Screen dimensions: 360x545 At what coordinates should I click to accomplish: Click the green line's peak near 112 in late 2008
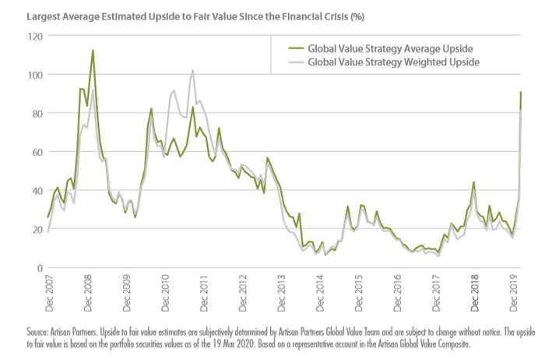[x=93, y=51]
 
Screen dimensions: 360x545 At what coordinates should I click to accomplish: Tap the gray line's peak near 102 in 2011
[x=192, y=71]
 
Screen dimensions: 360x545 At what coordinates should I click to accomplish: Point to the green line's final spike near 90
[x=521, y=93]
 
